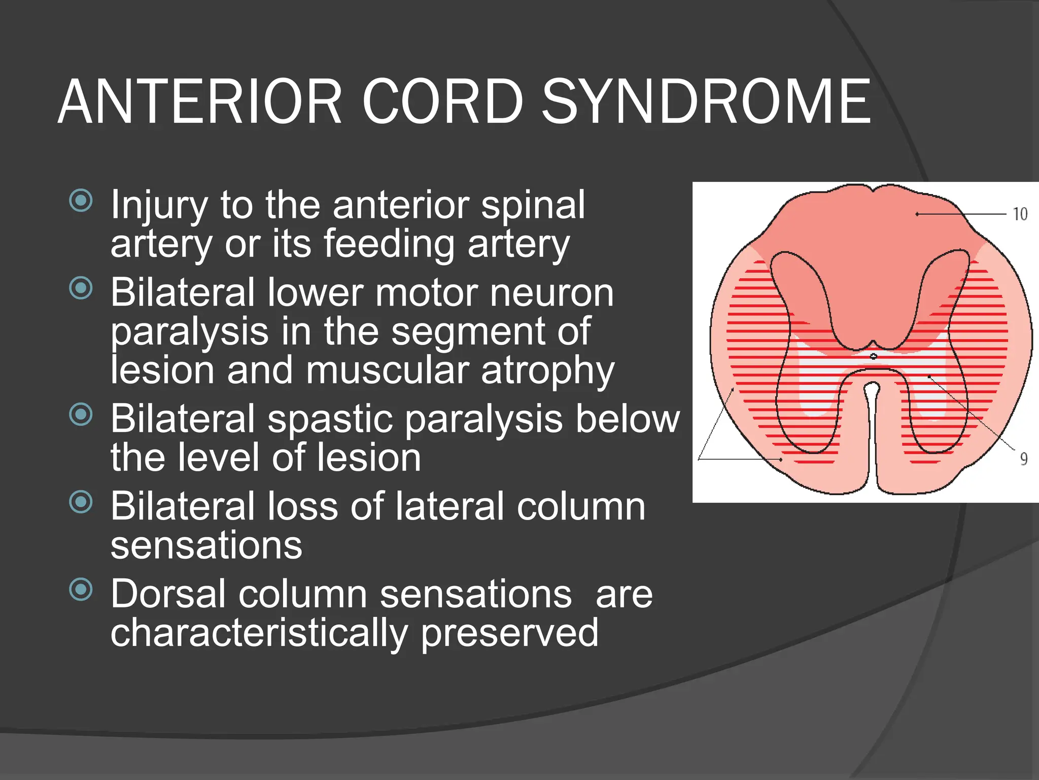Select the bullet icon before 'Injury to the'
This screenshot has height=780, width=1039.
point(81,201)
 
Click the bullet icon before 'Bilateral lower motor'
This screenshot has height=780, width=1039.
point(81,288)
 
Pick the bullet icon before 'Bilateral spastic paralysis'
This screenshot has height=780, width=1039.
point(81,414)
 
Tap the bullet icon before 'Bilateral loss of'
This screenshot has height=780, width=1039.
point(81,502)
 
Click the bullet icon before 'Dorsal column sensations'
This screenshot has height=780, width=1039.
point(81,590)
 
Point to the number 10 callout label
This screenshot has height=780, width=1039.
point(1020,214)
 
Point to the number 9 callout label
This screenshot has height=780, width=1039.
point(1024,459)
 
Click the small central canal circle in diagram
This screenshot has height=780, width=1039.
point(873,356)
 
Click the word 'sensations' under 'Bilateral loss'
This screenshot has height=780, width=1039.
point(206,545)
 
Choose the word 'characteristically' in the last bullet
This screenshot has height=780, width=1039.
point(259,633)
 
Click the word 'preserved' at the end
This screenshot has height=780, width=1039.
point(509,633)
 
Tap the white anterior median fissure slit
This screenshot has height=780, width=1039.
point(872,432)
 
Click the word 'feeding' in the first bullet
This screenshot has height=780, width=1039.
point(389,244)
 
